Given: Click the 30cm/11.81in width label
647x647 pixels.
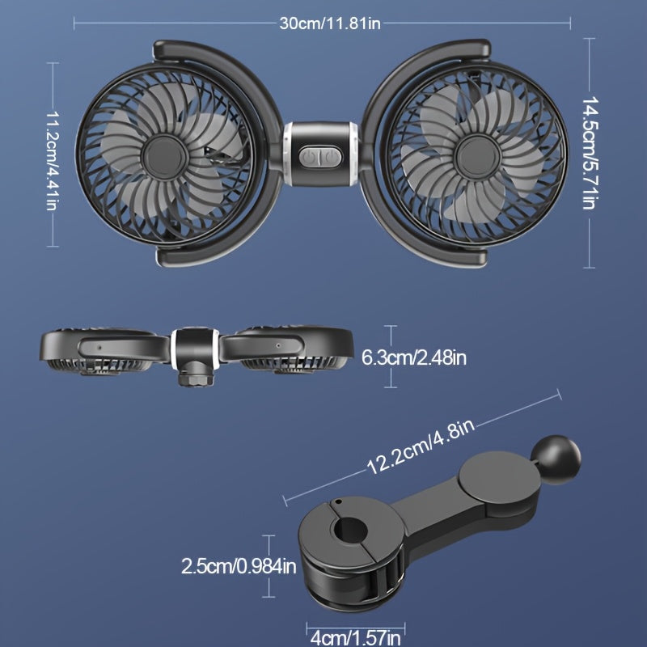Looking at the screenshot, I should pyautogui.click(x=330, y=23).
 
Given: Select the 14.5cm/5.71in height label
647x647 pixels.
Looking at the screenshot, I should pyautogui.click(x=589, y=154).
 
